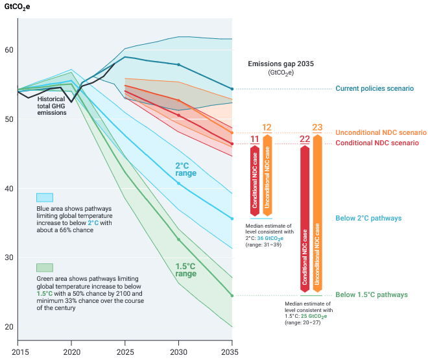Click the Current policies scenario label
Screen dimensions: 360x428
tap(374, 88)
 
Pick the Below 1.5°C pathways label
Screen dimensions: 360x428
tap(371, 295)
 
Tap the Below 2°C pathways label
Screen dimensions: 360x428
tap(368, 219)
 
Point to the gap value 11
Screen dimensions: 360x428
tap(255, 139)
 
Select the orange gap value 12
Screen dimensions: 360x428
tap(267, 127)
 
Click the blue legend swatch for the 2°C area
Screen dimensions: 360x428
tap(45, 198)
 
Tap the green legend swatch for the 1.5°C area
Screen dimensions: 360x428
tap(45, 267)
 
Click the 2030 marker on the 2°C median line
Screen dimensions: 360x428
tap(178, 184)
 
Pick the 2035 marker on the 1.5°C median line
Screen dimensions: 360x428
tap(232, 296)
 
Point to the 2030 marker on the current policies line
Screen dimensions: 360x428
tap(178, 64)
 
